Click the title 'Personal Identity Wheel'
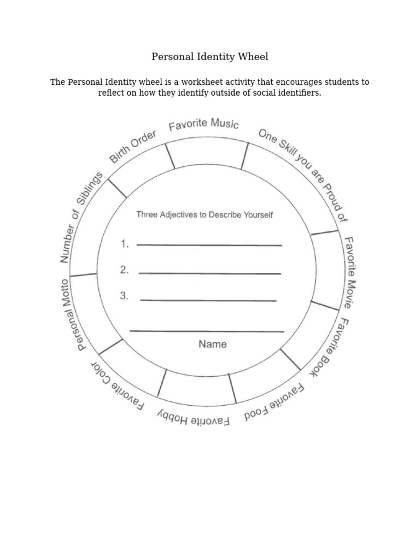click(x=210, y=57)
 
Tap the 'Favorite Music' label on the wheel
click(x=203, y=124)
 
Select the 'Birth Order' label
click(x=133, y=147)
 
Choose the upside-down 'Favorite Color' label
click(x=117, y=385)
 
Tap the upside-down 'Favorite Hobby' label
click(x=194, y=419)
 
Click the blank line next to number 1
click(x=209, y=246)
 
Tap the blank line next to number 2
click(x=210, y=273)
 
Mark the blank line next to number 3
click(x=208, y=300)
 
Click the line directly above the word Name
click(x=207, y=331)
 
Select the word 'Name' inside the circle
click(x=212, y=345)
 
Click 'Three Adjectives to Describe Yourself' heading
click(x=205, y=215)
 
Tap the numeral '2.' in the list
click(x=125, y=270)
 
